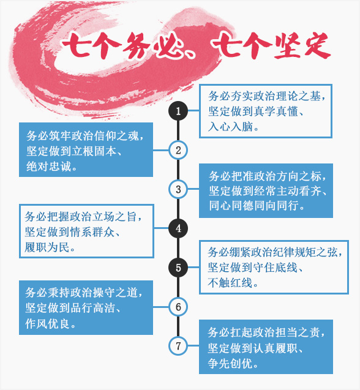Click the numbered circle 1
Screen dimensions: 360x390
[x=178, y=111]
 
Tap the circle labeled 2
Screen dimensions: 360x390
[x=178, y=150]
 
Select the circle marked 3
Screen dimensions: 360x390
[x=178, y=189]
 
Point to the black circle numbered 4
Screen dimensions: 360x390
[x=178, y=228]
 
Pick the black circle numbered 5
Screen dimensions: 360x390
[x=178, y=268]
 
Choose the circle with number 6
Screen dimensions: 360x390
[x=178, y=307]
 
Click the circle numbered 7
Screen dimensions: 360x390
[x=178, y=346]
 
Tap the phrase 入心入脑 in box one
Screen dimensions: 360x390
[x=230, y=127]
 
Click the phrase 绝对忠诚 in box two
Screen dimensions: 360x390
[x=48, y=167]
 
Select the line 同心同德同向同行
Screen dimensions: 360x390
[x=253, y=206]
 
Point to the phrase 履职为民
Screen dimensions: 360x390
[x=47, y=247]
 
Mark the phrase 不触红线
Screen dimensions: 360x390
[x=230, y=283]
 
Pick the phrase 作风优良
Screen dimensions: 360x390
[x=47, y=324]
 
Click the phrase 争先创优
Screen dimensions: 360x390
[x=230, y=364]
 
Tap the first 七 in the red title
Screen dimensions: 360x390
[x=77, y=45]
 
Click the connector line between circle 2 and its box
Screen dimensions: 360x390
[x=161, y=150]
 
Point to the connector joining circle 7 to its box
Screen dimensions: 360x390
[x=193, y=346]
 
